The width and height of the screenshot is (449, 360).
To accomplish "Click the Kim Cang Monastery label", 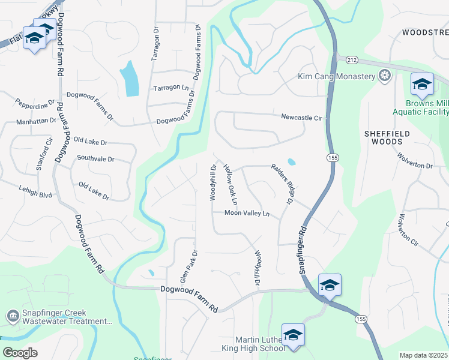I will pos(336,77).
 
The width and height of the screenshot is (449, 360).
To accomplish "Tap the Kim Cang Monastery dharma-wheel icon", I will pos(384,76).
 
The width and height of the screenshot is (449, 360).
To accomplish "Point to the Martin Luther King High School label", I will pos(259,344).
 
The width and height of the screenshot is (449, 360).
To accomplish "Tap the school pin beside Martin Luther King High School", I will pos(293,335).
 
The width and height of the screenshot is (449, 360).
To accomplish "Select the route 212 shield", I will pos(351,59).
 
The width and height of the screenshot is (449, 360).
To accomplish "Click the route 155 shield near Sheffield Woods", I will pos(333,157).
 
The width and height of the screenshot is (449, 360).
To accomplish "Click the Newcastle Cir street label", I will pos(302,118).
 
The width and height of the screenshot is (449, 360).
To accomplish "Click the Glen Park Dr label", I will pos(188,267).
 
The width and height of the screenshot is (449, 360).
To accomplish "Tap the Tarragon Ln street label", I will pos(171,88).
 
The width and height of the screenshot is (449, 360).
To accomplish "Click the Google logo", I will pos(20,353).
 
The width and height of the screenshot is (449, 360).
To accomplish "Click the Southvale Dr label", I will pos(95,159).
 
